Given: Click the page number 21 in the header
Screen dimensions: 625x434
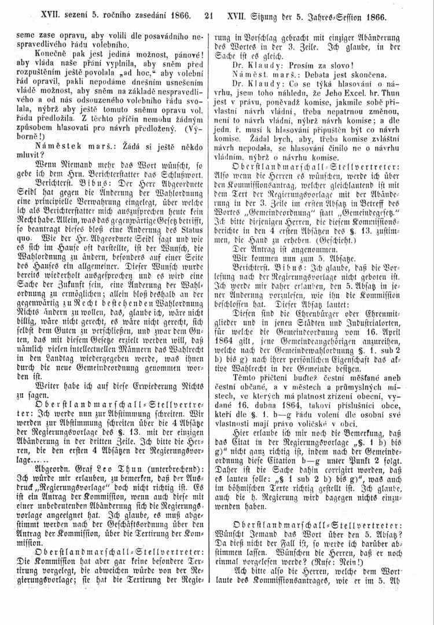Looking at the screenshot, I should tap(209, 10).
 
